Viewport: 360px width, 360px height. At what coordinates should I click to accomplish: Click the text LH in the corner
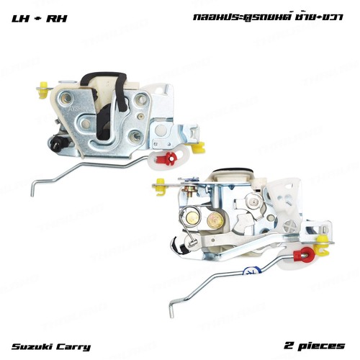pos(19,19)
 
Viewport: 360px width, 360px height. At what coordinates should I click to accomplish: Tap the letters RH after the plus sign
pos(57,19)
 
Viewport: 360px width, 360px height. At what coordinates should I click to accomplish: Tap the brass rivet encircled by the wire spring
pos(193,218)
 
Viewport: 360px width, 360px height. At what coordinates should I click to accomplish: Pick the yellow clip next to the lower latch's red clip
pos(323,246)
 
